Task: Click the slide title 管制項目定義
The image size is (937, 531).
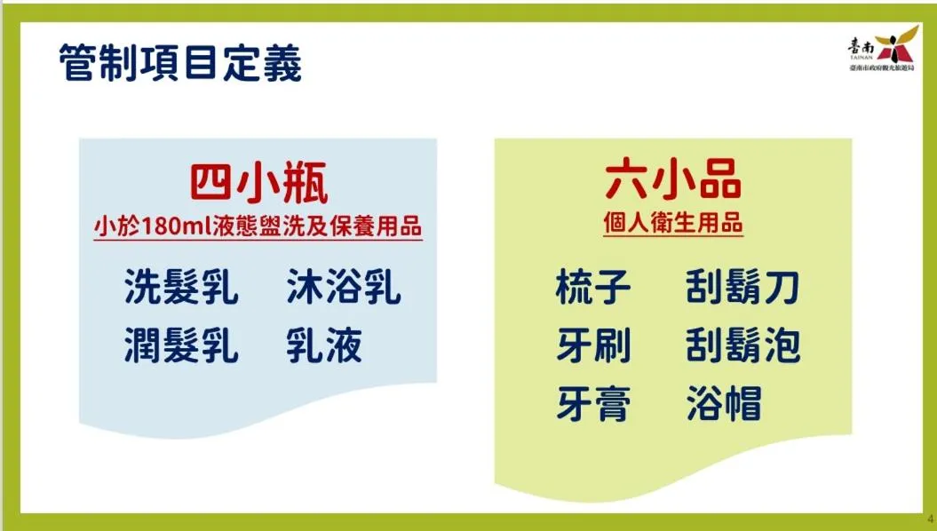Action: coord(180,62)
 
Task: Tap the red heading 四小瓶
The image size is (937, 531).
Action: coord(258,183)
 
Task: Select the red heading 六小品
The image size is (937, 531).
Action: coord(673,179)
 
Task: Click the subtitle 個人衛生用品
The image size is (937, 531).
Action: coord(673,223)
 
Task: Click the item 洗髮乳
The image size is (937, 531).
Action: coord(181,287)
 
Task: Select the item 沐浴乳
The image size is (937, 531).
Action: coord(344,287)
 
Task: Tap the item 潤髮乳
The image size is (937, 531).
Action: coord(181,345)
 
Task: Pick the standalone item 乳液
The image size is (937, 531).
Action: coord(324,345)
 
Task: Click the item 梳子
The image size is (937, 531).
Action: coord(592,287)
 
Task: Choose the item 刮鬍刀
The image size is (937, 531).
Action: coord(742,287)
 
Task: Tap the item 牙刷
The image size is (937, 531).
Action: coord(592,345)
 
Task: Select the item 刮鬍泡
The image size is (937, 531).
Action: coord(742,345)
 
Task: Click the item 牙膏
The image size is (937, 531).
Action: coord(592,404)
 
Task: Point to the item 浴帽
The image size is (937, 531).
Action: coord(724,404)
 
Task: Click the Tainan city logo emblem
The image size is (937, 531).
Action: coord(896,44)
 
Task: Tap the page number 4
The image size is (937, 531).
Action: coord(930,519)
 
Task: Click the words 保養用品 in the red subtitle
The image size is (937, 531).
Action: coord(376,227)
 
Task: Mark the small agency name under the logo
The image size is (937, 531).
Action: coord(882,68)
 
